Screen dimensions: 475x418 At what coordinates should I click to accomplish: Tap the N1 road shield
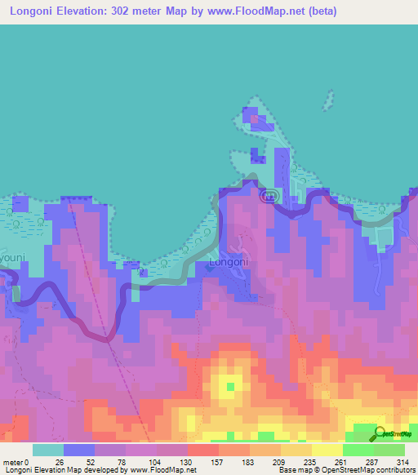click(x=269, y=197)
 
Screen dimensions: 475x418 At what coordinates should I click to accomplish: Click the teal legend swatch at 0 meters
click(x=48, y=450)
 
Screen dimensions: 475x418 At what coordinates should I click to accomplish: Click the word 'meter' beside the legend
click(x=12, y=461)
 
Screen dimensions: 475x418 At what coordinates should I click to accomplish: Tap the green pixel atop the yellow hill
click(x=229, y=385)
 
